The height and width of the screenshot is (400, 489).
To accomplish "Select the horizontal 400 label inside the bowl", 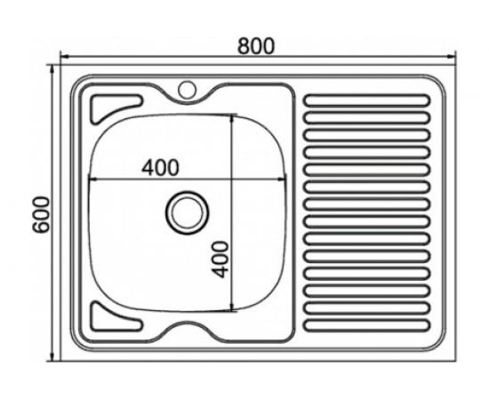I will [x=160, y=166].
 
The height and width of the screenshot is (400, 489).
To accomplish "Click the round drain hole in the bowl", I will [x=186, y=211].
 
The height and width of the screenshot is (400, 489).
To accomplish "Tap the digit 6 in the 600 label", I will [x=39, y=229].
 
